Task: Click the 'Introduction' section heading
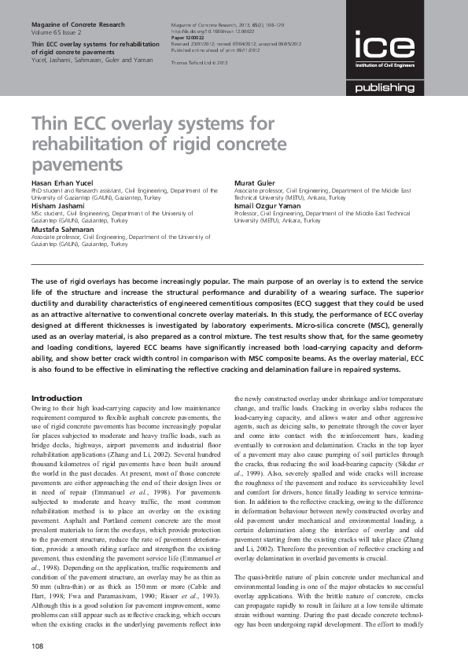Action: click(56, 399)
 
